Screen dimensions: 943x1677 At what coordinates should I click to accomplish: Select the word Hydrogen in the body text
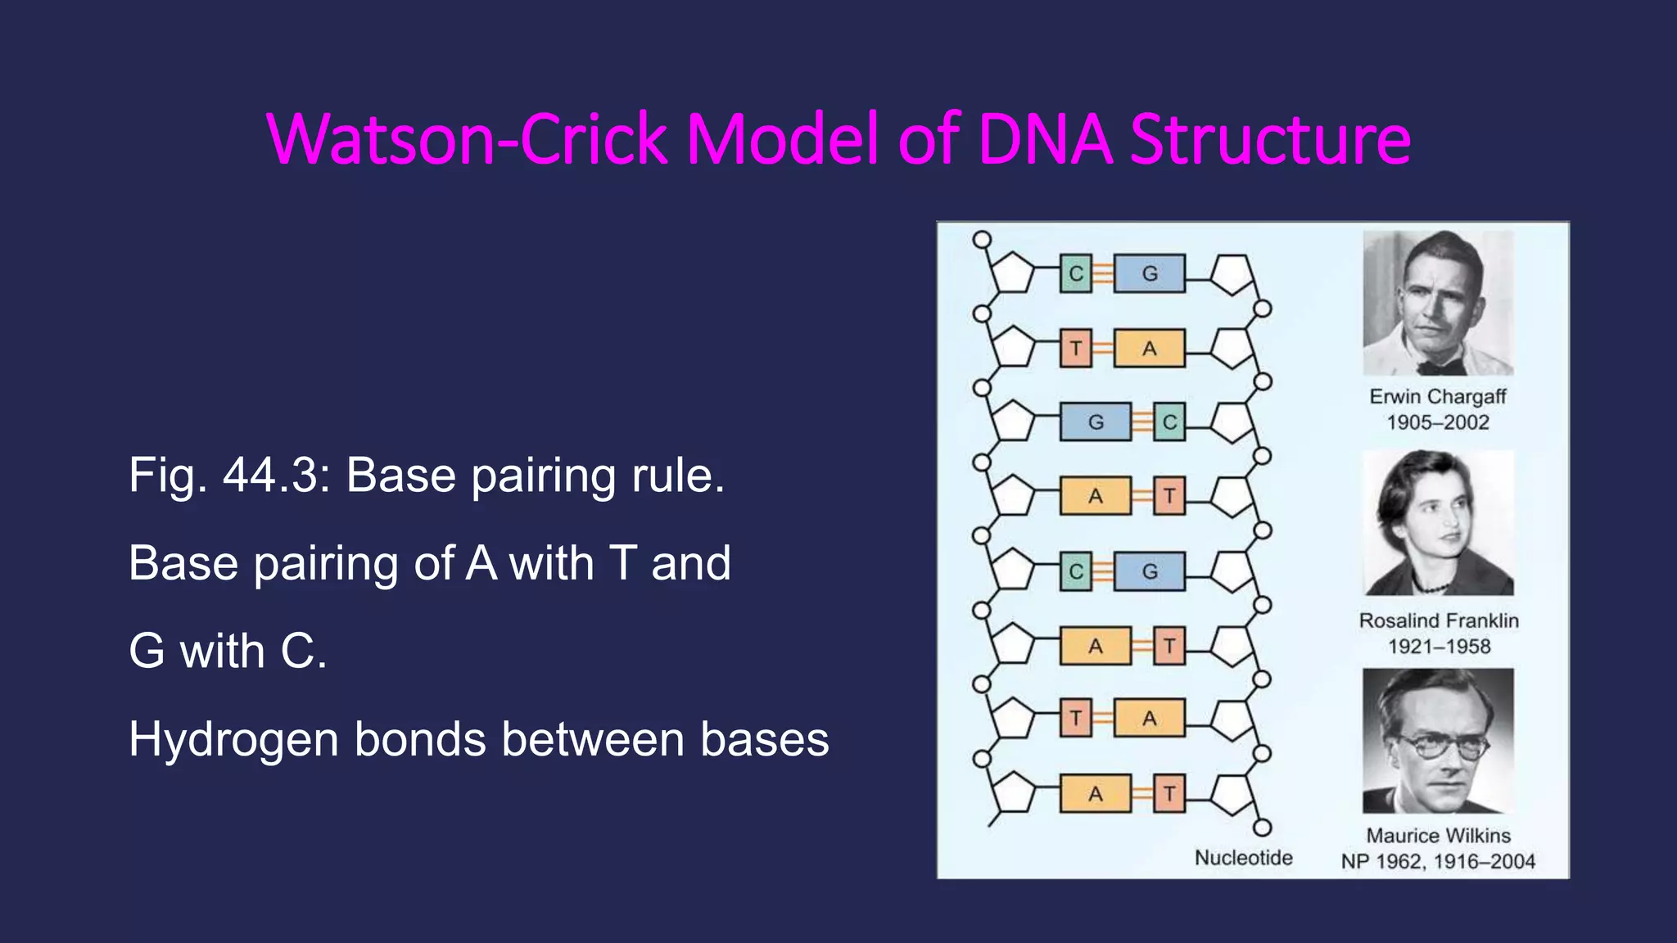click(233, 741)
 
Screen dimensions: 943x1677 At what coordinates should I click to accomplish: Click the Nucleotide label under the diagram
click(1243, 858)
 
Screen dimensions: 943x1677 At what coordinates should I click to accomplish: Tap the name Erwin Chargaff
click(1438, 397)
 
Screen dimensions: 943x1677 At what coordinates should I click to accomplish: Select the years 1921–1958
click(1439, 647)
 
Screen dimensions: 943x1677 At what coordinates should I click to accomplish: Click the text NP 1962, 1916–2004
click(1438, 861)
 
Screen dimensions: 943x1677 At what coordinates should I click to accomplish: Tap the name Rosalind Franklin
click(1439, 620)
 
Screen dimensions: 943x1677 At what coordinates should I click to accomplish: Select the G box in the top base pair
click(1150, 273)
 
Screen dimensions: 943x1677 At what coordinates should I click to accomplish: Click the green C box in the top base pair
click(1076, 273)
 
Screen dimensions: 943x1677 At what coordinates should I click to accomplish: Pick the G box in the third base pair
click(1096, 422)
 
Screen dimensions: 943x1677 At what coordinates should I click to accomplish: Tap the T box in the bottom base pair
click(1169, 794)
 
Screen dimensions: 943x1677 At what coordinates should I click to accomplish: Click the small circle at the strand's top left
click(982, 240)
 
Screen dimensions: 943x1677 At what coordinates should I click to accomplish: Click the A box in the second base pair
click(1150, 349)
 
